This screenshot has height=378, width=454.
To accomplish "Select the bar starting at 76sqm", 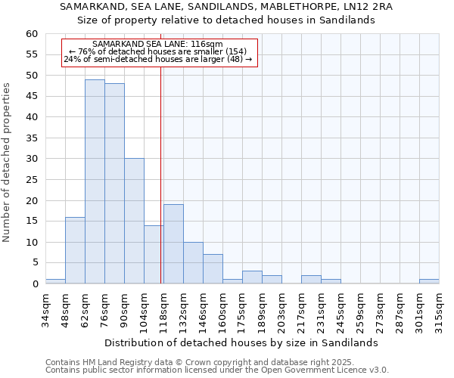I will [x=114, y=184].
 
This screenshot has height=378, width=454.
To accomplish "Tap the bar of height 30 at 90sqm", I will [x=134, y=221].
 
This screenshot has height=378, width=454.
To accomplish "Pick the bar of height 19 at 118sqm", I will [x=173, y=244].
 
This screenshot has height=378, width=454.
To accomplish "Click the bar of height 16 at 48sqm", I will [x=75, y=250].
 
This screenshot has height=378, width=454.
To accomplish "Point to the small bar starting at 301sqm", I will [x=429, y=281].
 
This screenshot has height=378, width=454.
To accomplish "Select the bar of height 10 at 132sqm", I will [x=193, y=263].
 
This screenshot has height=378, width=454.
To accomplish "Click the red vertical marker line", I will [x=161, y=174].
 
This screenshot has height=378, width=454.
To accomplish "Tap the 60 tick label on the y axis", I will [x=31, y=34].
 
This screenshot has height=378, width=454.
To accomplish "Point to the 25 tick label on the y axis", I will [x=31, y=180].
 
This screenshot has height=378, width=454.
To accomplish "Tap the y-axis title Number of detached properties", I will [x=8, y=163].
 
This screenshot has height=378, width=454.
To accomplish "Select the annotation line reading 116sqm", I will [x=157, y=45].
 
